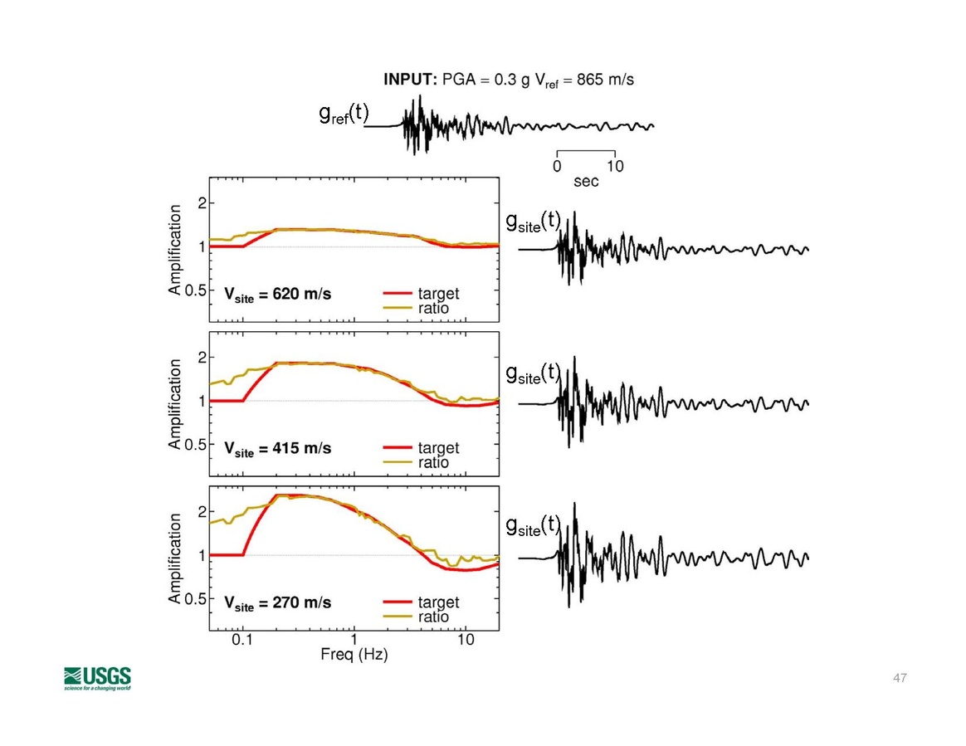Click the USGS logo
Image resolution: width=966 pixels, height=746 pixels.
(97, 677)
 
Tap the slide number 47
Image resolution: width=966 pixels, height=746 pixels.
(900, 679)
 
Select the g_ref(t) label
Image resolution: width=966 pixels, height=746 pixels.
(343, 115)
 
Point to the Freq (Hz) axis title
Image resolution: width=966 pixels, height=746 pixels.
(354, 655)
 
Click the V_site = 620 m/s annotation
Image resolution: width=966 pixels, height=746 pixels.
(277, 295)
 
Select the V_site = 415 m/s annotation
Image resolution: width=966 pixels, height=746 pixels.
(277, 448)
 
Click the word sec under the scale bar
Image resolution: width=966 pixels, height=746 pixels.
(586, 182)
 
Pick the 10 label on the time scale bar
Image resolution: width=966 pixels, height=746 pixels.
(615, 166)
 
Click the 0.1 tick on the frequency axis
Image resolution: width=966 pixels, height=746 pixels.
(242, 640)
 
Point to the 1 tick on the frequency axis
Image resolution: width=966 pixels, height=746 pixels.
(354, 640)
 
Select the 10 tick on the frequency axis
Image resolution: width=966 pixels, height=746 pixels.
(466, 640)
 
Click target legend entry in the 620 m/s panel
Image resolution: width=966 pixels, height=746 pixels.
(438, 294)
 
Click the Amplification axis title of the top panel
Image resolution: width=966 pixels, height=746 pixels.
(175, 250)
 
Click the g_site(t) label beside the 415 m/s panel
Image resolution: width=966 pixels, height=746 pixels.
(534, 374)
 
